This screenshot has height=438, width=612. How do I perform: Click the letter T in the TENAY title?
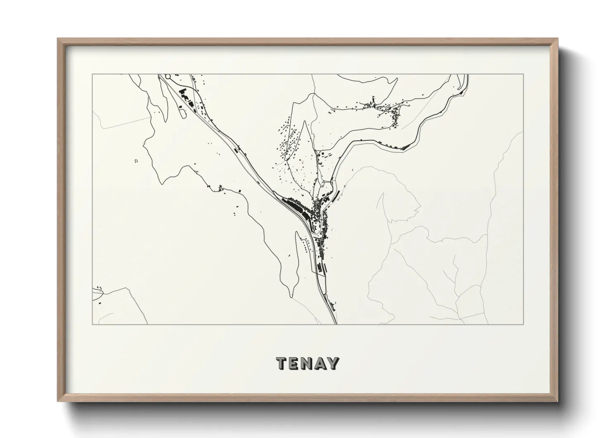pos(282,363)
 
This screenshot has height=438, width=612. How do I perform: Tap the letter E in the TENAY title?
pos(295,363)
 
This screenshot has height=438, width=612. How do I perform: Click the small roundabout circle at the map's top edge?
pos(168,77)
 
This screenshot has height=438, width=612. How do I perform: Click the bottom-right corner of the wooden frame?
pos(557,401)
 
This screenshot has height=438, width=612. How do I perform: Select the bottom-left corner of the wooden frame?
pos(58,401)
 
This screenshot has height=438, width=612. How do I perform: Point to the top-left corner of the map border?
pos(92,75)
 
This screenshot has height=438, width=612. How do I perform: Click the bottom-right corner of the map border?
pos(524,324)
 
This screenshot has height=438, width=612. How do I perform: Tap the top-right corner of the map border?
pos(524,75)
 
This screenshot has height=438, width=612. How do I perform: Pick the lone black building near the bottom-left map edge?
pos(100,303)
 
